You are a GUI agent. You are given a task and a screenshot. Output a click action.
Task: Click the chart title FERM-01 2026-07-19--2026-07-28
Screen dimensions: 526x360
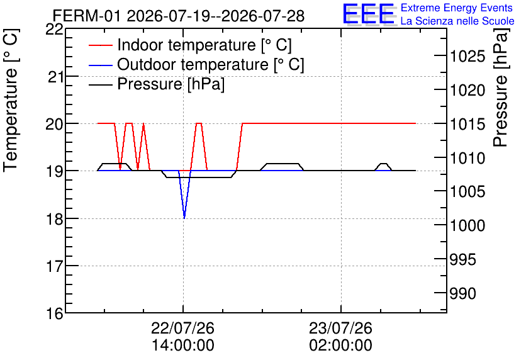[179, 16]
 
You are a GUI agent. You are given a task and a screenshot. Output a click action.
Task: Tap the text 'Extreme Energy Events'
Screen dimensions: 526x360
[457, 8]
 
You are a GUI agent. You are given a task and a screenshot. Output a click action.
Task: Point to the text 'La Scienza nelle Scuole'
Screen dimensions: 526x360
[457, 21]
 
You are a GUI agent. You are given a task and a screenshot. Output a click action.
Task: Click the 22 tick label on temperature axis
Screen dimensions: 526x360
[54, 30]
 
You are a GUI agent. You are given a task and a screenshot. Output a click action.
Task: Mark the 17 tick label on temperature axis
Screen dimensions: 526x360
[54, 267]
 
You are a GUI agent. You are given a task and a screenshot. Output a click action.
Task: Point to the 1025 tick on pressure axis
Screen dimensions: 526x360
[467, 56]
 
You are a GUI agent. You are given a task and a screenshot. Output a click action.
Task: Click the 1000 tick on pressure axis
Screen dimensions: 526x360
[467, 225]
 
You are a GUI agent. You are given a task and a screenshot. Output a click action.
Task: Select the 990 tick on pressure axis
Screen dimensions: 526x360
[462, 293]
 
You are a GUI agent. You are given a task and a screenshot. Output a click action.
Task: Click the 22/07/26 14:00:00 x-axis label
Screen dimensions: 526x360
[183, 337]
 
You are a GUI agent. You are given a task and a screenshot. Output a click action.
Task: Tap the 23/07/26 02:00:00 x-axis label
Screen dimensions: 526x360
[341, 337]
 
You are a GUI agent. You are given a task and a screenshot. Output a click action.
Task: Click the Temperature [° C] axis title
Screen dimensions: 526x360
[11, 101]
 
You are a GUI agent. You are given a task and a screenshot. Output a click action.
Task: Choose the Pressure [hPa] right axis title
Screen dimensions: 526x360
[500, 87]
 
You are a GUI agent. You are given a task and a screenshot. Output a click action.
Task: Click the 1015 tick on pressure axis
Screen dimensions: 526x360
[467, 124]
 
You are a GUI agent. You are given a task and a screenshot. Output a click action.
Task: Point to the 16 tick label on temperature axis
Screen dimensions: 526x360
[54, 314]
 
